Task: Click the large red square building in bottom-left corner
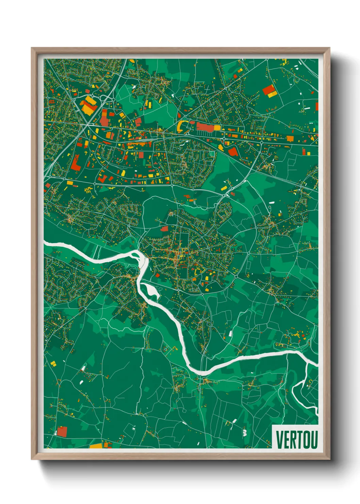click(62, 431)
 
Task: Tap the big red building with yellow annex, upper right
click(269, 91)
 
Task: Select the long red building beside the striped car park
click(205, 127)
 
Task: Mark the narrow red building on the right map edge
click(317, 106)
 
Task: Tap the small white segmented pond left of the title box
click(244, 432)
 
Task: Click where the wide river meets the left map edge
click(45, 243)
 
